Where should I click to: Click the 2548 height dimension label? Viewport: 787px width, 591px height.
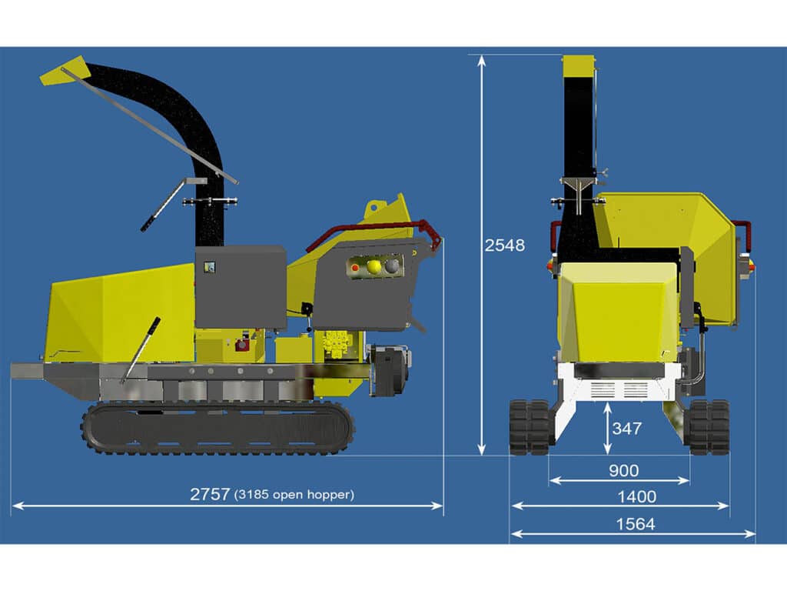point(504,245)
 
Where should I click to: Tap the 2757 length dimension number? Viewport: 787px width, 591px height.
point(210,494)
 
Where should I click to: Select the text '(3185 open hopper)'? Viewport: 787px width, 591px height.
point(294,495)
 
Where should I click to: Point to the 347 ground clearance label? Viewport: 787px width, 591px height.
point(627,429)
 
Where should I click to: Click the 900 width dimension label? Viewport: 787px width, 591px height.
point(623,471)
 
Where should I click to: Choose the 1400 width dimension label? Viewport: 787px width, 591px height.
point(636,497)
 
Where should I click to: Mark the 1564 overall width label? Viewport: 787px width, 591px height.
point(635,524)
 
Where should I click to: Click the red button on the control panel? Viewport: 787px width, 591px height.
point(355,268)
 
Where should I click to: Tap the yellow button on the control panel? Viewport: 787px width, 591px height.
point(374,266)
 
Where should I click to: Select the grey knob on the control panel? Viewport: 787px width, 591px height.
point(391,265)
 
